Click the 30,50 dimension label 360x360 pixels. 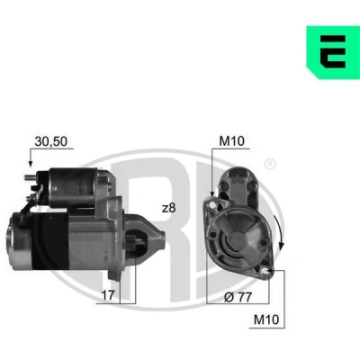[x=51, y=141]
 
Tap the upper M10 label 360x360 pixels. [x=231, y=141]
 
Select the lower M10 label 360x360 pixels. [x=266, y=319]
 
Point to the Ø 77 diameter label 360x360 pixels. [x=238, y=297]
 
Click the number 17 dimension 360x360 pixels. [x=108, y=295]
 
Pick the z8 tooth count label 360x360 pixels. [x=168, y=208]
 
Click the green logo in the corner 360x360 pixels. [x=333, y=52]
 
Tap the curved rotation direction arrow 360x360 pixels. [x=279, y=231]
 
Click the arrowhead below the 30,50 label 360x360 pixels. [x=30, y=163]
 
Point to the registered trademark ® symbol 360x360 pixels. [x=270, y=164]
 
